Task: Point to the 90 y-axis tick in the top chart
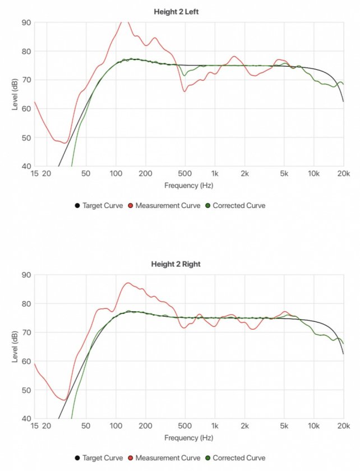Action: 26,22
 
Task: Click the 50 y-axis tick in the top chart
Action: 26,138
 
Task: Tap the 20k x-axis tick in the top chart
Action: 343,174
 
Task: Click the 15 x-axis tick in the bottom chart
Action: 35,427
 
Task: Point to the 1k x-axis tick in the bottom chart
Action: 214,427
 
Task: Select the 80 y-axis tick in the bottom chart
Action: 26,304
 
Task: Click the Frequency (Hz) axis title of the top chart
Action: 189,185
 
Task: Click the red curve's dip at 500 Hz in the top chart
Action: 184,91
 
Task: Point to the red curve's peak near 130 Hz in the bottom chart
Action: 128,283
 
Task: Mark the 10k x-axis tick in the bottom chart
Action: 314,427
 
